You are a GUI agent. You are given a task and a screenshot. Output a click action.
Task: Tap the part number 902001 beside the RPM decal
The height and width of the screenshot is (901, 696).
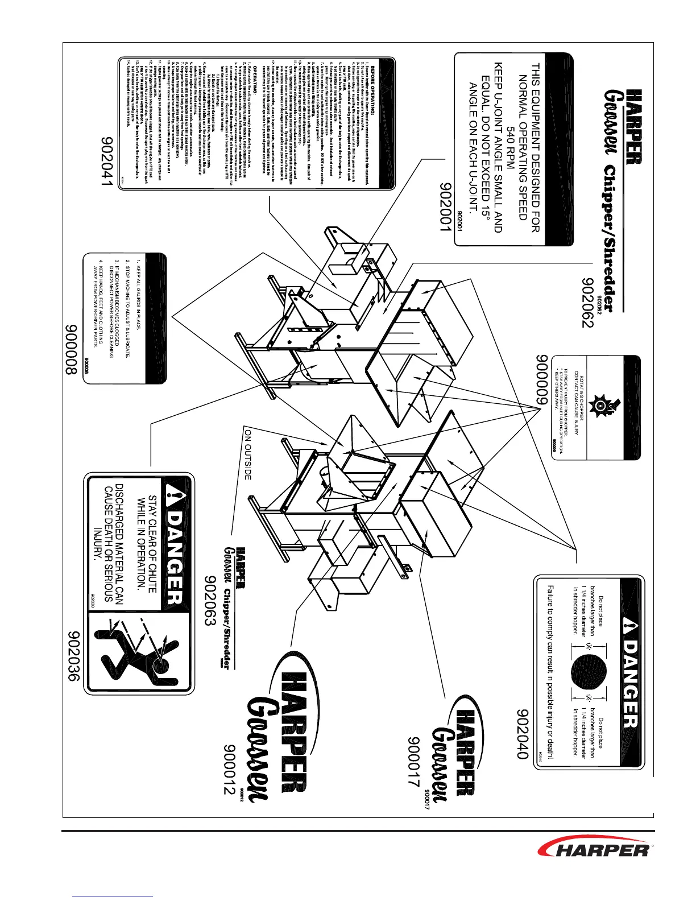pos(446,207)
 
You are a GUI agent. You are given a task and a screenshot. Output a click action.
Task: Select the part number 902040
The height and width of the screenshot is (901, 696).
pos(524,734)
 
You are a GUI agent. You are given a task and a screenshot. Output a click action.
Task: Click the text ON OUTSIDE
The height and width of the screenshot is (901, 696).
pos(247,454)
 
